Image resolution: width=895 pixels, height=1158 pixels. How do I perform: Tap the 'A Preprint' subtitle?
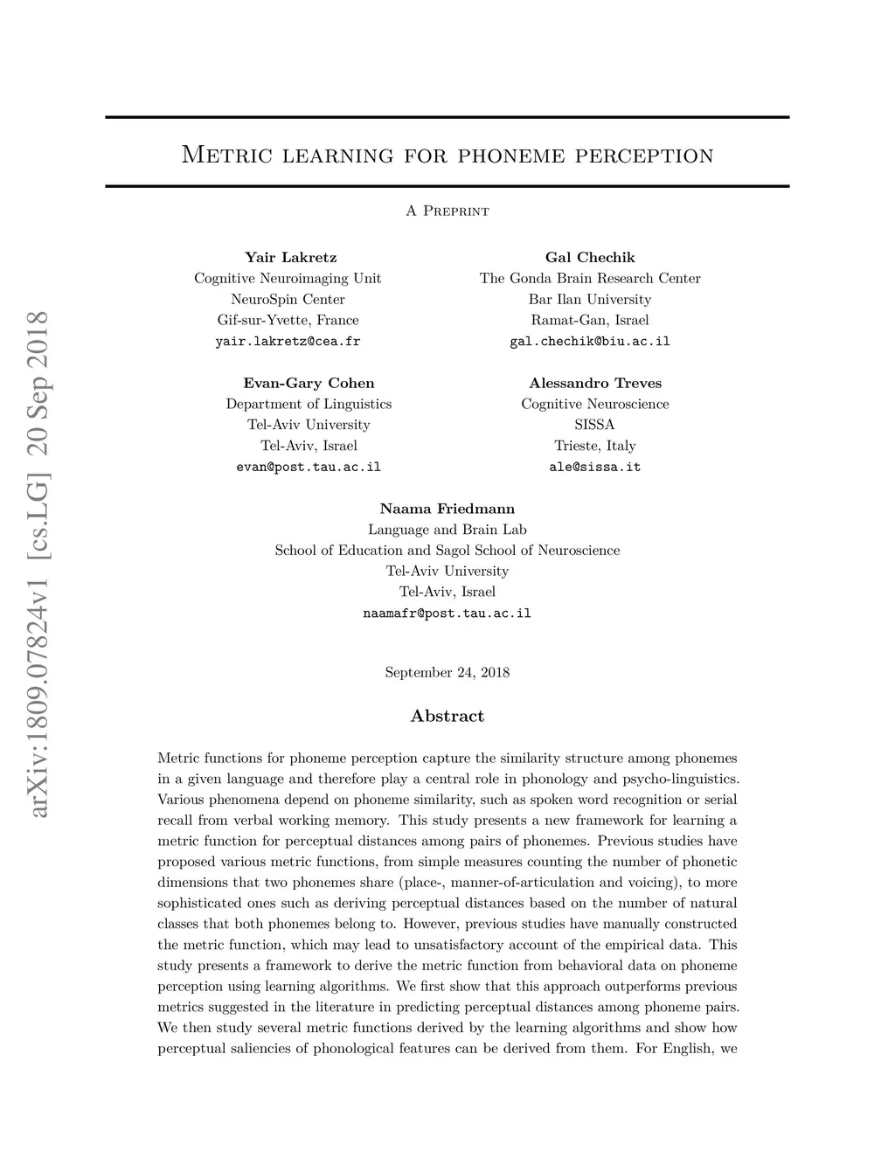tap(447, 211)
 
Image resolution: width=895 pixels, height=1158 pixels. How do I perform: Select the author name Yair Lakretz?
tap(290, 257)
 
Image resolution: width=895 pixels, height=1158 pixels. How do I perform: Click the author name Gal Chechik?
tap(590, 257)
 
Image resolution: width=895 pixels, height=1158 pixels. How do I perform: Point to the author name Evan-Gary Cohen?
tap(309, 383)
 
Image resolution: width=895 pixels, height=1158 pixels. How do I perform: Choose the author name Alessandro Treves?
tap(595, 383)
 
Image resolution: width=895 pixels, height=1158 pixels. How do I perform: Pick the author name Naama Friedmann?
tap(447, 509)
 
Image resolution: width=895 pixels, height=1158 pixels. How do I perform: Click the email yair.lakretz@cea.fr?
tap(288, 342)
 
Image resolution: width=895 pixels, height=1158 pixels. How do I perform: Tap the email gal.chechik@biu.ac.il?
tap(590, 342)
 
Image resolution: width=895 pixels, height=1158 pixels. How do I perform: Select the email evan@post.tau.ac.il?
tap(309, 467)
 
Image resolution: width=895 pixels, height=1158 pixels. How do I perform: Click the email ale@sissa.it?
tap(595, 467)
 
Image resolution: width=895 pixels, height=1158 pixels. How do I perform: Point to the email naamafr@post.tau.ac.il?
tap(447, 614)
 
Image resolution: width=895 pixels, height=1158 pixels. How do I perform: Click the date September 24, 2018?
tap(447, 672)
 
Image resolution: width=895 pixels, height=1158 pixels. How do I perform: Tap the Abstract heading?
tap(447, 716)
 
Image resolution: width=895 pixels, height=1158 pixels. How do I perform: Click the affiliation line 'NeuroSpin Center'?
tap(288, 299)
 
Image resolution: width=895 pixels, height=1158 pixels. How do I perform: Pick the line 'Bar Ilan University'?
tap(590, 299)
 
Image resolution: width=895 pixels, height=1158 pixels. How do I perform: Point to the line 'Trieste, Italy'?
tap(595, 446)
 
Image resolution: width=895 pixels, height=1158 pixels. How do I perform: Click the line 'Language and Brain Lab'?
tap(447, 530)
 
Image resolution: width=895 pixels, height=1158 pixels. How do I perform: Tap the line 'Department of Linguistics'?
tap(309, 404)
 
